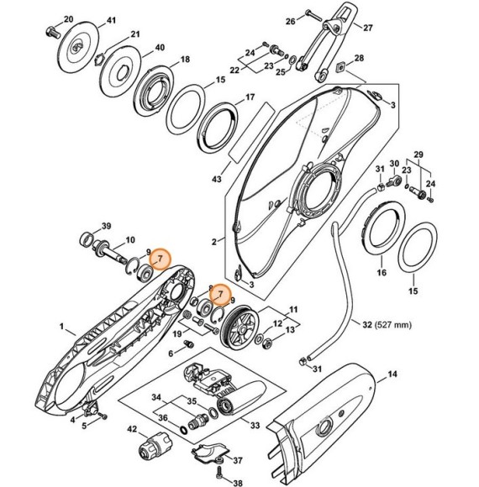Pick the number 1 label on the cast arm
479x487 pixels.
point(61,324)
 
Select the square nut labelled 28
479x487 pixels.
point(340,67)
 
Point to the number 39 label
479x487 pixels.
point(106,227)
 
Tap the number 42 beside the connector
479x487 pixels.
point(132,429)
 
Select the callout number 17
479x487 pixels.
point(249,98)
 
